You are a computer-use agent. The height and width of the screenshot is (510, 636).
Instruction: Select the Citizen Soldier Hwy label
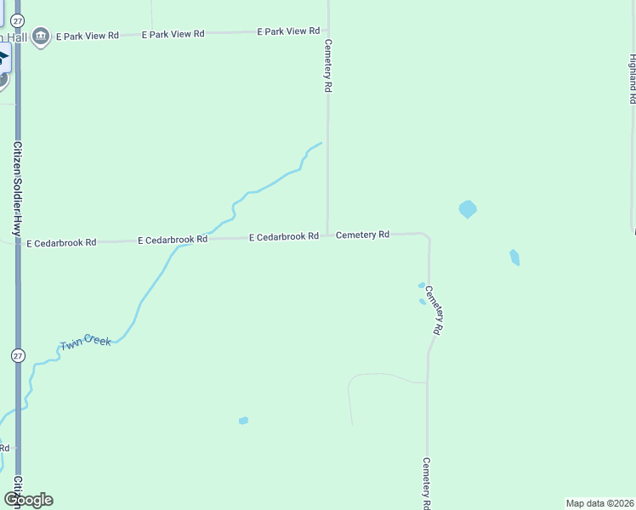[x=16, y=188]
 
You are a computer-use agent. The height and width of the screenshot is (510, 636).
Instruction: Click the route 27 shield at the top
[x=19, y=19]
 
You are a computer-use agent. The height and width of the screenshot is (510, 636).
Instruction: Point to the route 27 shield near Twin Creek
[x=18, y=355]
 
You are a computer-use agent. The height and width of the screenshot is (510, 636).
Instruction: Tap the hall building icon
[x=40, y=38]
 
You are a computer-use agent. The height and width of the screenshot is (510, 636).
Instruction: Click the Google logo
[x=28, y=500]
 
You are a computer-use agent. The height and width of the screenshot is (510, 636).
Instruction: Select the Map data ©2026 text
[x=599, y=503]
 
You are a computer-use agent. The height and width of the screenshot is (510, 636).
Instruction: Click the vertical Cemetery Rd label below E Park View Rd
[x=327, y=65]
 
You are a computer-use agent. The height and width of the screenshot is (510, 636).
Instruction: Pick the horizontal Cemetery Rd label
[x=362, y=234]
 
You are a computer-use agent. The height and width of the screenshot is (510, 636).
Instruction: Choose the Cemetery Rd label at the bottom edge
[x=427, y=483]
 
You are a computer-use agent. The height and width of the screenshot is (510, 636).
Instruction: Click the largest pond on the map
[x=468, y=208]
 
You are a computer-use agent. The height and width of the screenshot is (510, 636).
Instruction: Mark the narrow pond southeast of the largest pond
[x=514, y=257]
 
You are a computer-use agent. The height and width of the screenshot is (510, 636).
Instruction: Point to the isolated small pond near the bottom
[x=243, y=420]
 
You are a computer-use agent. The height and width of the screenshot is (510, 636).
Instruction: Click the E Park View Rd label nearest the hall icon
[x=88, y=37]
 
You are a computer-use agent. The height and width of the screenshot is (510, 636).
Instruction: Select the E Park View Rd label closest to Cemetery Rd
[x=288, y=31]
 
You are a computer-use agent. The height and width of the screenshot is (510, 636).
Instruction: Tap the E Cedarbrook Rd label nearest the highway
[x=61, y=243]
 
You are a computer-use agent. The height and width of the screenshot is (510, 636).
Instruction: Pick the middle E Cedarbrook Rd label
[x=173, y=240]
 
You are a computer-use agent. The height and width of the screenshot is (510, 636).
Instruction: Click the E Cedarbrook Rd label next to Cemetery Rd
[x=283, y=236]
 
